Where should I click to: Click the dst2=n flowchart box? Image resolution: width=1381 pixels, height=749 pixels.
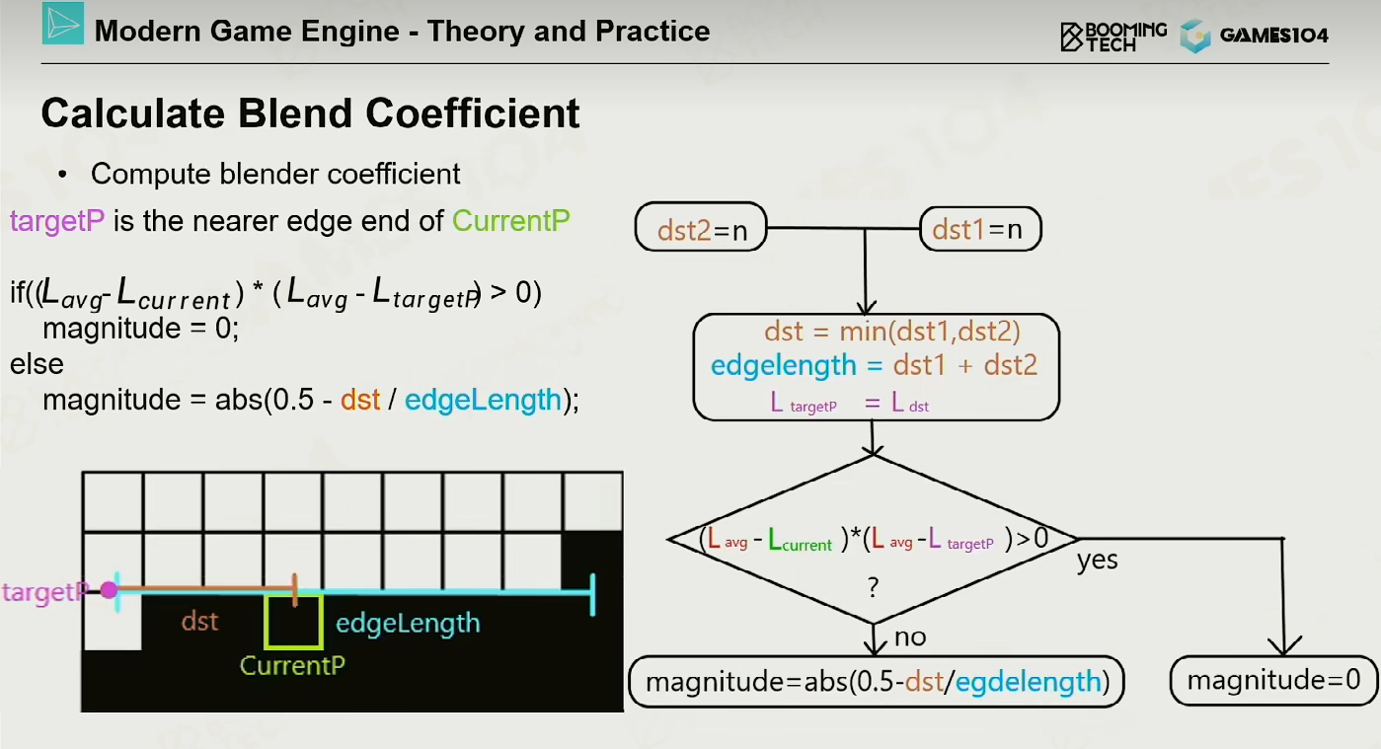tap(701, 227)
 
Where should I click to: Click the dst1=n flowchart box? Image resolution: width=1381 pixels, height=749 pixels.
tap(980, 229)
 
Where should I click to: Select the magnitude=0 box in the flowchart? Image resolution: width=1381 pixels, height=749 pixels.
tap(1273, 680)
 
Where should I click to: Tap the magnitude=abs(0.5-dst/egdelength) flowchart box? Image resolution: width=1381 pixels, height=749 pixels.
tap(877, 681)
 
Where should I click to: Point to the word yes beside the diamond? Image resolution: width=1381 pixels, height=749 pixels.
tap(1098, 561)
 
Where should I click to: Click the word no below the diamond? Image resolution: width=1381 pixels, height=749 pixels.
tap(910, 637)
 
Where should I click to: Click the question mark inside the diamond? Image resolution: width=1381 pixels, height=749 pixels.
tap(873, 587)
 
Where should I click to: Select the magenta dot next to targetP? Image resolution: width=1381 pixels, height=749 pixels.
tap(110, 590)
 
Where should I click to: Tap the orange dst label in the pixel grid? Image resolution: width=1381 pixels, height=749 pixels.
tap(199, 622)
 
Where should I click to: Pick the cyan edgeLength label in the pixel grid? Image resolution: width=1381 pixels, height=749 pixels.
tap(408, 624)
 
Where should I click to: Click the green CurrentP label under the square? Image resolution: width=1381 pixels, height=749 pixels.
tap(292, 666)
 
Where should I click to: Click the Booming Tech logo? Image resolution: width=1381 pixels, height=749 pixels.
tap(1113, 37)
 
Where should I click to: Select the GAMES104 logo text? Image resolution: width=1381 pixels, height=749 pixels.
tap(1273, 36)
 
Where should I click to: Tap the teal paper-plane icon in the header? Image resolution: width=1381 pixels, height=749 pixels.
tap(63, 24)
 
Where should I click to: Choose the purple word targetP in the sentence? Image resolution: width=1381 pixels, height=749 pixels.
tap(57, 221)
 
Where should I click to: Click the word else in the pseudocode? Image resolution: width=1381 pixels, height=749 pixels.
tap(37, 364)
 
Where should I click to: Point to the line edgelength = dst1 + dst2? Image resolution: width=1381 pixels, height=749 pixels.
tap(874, 365)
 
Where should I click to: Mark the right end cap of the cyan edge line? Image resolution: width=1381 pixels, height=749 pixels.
tap(592, 594)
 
